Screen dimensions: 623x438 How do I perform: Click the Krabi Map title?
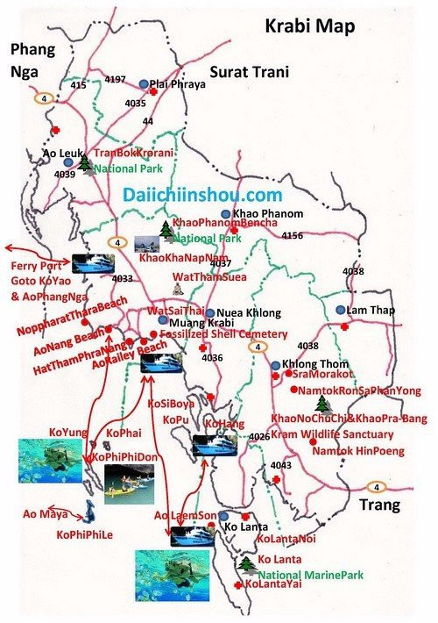[x=309, y=26]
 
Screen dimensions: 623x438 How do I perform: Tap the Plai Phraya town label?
[x=181, y=84]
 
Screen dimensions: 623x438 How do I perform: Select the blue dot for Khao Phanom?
[x=225, y=214]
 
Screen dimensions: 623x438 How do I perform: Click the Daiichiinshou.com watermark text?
[x=202, y=196]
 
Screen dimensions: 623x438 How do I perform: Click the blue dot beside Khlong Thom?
[x=275, y=365]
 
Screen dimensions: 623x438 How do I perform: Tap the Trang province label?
[x=378, y=505]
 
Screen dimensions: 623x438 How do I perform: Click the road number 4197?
[x=115, y=80]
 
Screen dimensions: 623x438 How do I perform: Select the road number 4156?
[x=292, y=235]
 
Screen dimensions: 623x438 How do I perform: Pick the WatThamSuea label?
[x=209, y=276]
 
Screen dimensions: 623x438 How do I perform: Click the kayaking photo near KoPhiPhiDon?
[x=129, y=483]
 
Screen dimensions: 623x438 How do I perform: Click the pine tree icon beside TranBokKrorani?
[x=85, y=162]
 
